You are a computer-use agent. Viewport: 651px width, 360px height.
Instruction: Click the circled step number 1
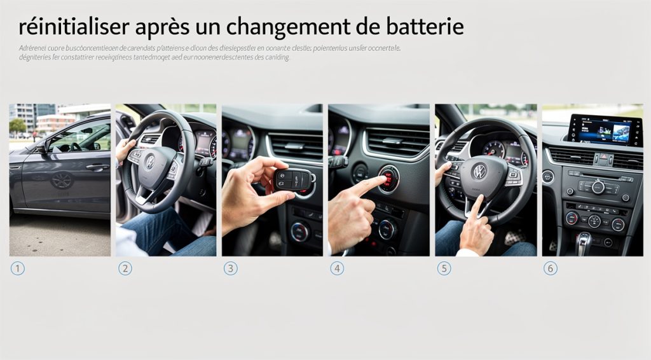coord(17,268)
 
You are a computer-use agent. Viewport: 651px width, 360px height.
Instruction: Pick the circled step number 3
coord(230,268)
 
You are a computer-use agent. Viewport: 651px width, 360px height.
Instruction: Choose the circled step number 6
coord(551,268)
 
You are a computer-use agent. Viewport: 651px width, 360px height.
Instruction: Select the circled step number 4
coord(337,268)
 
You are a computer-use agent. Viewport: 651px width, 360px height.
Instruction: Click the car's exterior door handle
coord(97,167)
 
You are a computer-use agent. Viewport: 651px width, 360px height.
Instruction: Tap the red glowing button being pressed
coord(388,179)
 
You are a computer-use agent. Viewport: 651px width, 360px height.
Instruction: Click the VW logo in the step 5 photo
coord(479,170)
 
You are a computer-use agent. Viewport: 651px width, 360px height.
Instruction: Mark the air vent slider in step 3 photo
coord(294,147)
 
